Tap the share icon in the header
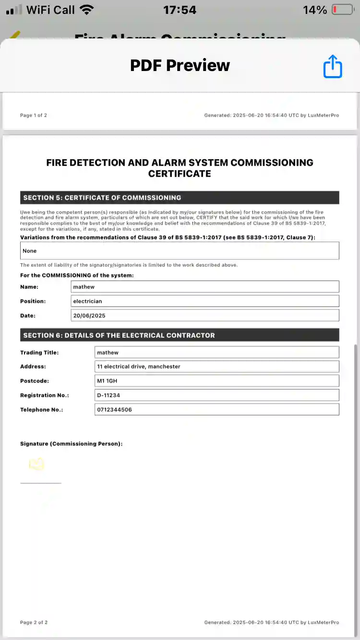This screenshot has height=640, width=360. (332, 66)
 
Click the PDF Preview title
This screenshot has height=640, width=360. (180, 65)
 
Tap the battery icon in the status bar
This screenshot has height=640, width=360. (342, 10)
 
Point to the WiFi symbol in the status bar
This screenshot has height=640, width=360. (87, 10)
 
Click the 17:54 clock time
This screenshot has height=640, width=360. (180, 10)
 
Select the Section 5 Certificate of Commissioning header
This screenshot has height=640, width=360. (180, 198)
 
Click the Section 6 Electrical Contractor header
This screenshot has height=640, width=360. (180, 335)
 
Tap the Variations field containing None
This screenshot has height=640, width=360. (180, 251)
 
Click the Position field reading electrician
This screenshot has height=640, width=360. (204, 301)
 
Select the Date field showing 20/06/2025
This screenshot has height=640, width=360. (204, 316)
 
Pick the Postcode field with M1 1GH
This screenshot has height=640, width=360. (217, 381)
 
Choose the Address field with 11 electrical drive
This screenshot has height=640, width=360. (217, 367)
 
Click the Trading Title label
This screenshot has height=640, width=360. (39, 353)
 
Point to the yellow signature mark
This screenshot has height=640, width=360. (36, 464)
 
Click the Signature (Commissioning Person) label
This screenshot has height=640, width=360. (71, 444)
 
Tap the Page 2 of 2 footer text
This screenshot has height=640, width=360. (34, 622)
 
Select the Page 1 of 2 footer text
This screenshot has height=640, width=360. (34, 115)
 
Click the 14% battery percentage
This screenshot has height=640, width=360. (315, 10)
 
